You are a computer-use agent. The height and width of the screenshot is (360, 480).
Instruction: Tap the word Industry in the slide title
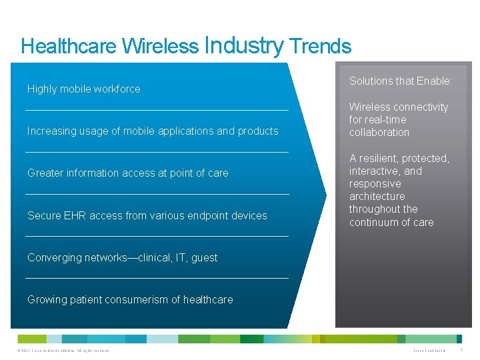(x=245, y=45)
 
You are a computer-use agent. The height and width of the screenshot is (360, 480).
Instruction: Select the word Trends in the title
(x=321, y=46)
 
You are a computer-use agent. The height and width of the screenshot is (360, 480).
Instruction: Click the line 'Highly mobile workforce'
(x=84, y=89)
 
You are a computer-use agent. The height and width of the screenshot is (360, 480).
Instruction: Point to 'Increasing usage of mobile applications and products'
(x=153, y=131)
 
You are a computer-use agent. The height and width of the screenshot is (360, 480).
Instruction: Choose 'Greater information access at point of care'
(x=128, y=173)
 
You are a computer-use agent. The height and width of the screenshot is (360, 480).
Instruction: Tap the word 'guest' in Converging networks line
(x=204, y=257)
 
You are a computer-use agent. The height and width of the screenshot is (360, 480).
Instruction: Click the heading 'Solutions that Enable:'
(x=401, y=81)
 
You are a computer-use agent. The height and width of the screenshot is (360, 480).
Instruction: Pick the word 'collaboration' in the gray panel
(x=379, y=132)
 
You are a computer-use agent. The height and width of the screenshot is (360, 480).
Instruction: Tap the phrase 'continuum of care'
(x=391, y=222)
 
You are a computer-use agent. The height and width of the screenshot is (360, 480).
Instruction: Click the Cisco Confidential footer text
(x=430, y=351)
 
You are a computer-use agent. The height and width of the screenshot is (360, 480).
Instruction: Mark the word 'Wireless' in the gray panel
(x=369, y=107)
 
